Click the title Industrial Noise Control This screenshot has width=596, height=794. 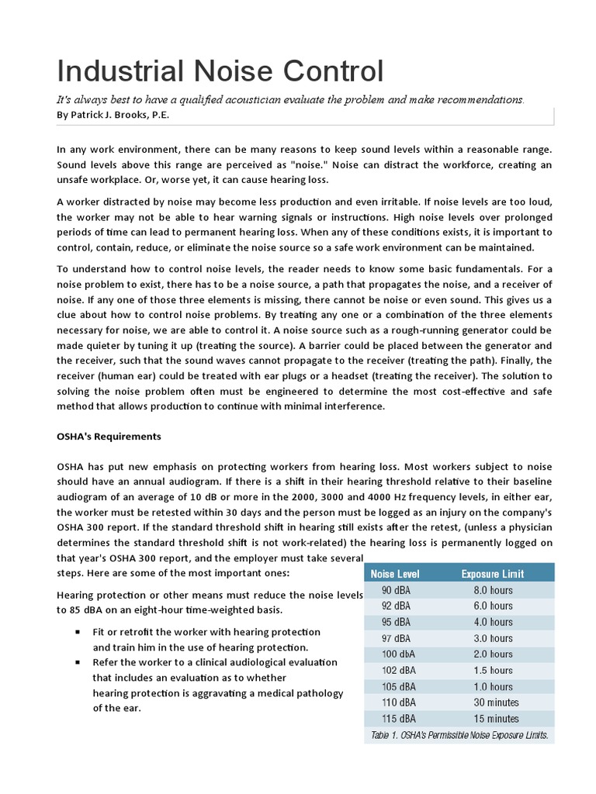[x=220, y=71]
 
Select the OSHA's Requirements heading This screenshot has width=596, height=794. [x=109, y=437]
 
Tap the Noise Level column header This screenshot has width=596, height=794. [x=395, y=574]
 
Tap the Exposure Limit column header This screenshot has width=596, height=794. [x=492, y=574]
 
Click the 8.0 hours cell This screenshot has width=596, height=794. [x=493, y=590]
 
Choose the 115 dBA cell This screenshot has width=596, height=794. [x=398, y=719]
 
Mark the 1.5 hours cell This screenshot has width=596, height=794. [x=493, y=670]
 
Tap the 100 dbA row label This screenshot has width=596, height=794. [x=398, y=654]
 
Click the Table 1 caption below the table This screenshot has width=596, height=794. [x=459, y=735]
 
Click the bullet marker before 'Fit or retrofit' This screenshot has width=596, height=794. [x=78, y=632]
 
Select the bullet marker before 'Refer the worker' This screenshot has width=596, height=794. [x=78, y=662]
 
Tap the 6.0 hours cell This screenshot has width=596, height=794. [x=493, y=606]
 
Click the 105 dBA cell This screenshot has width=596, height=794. [x=398, y=686]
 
